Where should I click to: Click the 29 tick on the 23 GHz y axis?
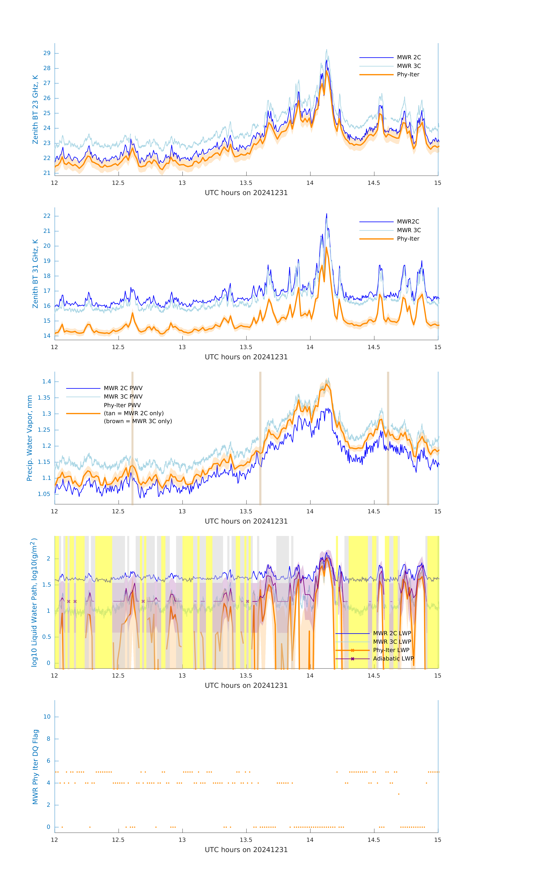coord(47,53)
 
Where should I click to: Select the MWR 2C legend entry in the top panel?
coord(409,58)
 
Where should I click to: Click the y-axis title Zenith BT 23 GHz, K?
coord(35,109)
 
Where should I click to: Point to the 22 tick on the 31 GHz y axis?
coord(47,216)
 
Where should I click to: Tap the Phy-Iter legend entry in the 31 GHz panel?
coord(408,239)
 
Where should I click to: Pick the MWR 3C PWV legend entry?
coord(123,397)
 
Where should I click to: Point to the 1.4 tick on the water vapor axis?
coord(47,382)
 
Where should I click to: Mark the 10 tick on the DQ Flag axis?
coord(47,717)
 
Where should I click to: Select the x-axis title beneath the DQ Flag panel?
coord(246,850)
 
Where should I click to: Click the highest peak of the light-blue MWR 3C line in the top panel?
coord(326,50)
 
